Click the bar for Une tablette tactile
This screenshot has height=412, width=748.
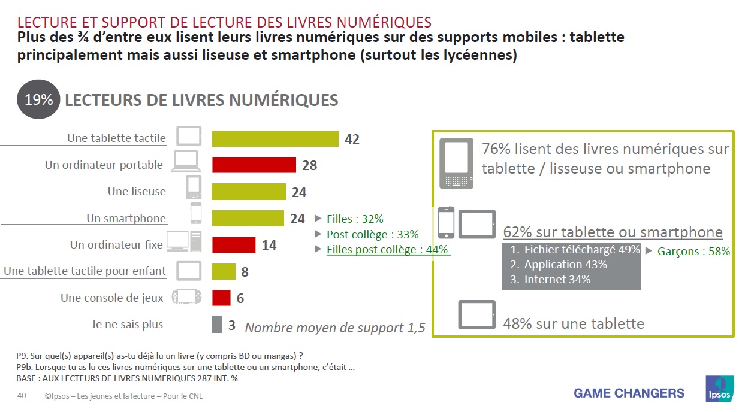tap(275, 138)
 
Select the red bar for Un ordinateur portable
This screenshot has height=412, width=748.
tap(254, 165)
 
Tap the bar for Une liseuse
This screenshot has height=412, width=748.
tap(249, 192)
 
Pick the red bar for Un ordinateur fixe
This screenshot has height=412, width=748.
tap(234, 244)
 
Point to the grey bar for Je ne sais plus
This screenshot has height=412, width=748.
tap(217, 325)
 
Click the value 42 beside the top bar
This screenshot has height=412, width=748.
tap(352, 139)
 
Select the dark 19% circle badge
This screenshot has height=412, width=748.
tap(38, 99)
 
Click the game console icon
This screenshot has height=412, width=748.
tap(185, 297)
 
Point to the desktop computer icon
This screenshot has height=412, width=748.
tap(184, 241)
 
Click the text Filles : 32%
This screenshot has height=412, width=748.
tap(355, 219)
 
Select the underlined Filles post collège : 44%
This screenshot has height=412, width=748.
tap(387, 250)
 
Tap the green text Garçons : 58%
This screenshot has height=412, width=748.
tap(693, 252)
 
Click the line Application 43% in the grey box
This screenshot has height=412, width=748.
tap(565, 264)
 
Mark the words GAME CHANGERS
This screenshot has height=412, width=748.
tap(629, 393)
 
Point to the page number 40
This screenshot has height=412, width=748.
tap(22, 396)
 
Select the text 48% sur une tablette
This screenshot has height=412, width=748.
tap(574, 324)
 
